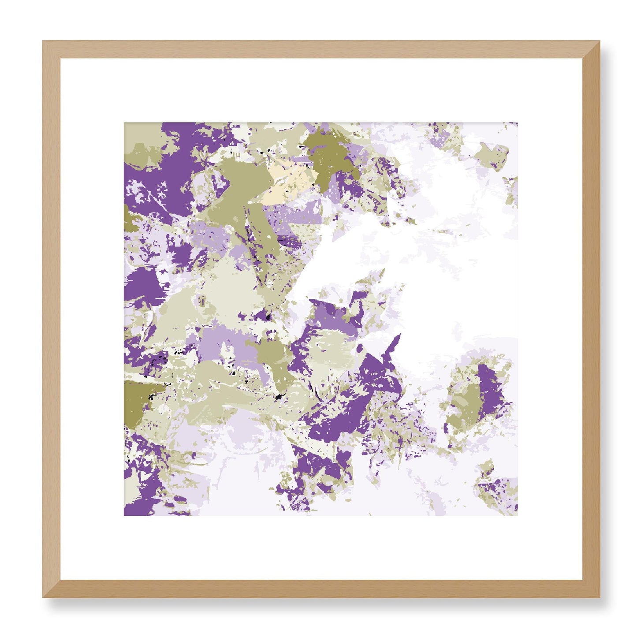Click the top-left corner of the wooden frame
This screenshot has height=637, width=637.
click(x=43, y=41)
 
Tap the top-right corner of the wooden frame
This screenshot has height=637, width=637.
click(x=600, y=41)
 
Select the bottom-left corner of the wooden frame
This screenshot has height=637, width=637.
click(x=43, y=597)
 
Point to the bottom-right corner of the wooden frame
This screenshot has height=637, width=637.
click(x=600, y=597)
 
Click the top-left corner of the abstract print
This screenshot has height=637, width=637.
click(x=124, y=123)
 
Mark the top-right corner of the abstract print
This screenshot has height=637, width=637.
click(x=517, y=123)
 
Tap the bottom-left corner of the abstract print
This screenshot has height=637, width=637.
click(x=124, y=515)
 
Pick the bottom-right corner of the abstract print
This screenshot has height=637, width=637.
click(x=517, y=515)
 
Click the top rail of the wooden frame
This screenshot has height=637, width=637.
click(x=321, y=49)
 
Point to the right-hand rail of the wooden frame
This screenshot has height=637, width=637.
click(x=591, y=319)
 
